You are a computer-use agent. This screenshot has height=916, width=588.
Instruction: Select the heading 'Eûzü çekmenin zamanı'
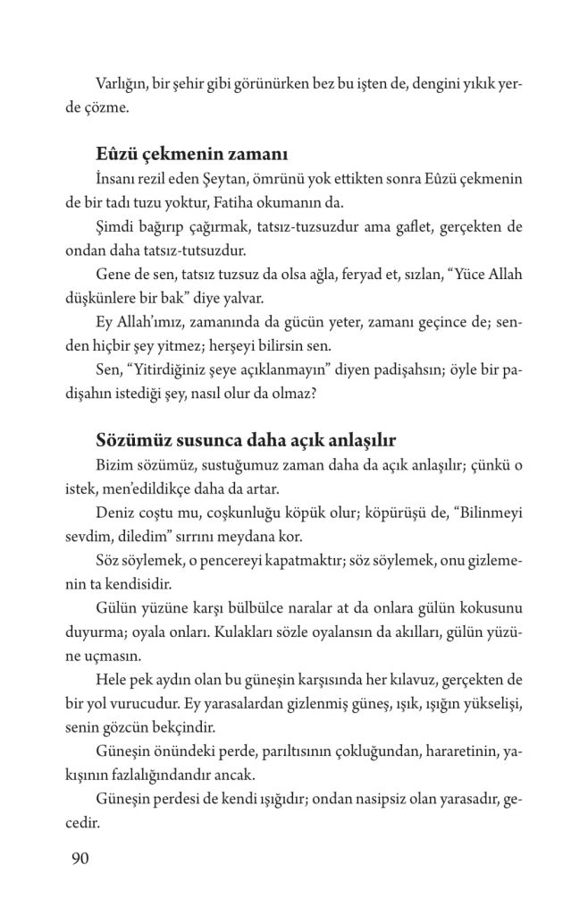click(189, 150)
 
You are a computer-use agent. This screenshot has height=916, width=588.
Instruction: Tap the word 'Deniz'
click(113, 514)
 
